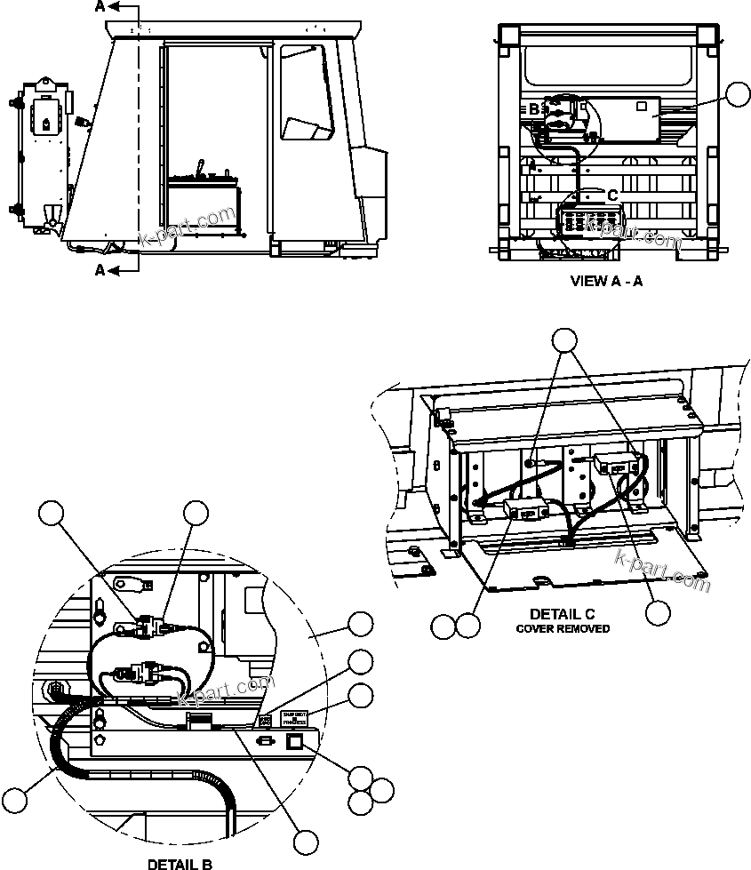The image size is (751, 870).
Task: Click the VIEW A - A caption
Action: coord(605,282)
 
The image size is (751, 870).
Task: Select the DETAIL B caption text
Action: coord(180,863)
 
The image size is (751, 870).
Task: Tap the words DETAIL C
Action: coord(562,614)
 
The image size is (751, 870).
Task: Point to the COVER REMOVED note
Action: coord(563,628)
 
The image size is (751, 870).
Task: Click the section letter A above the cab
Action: coord(100,7)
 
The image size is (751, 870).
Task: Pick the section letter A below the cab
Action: coord(100,269)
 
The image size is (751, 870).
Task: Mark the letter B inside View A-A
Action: coord(533,109)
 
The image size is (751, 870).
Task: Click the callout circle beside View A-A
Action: coord(738,94)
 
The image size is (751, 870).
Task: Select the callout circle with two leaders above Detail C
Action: coord(565,339)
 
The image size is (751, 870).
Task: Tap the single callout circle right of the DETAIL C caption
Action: coord(658,612)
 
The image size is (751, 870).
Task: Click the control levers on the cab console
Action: coord(202,170)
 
